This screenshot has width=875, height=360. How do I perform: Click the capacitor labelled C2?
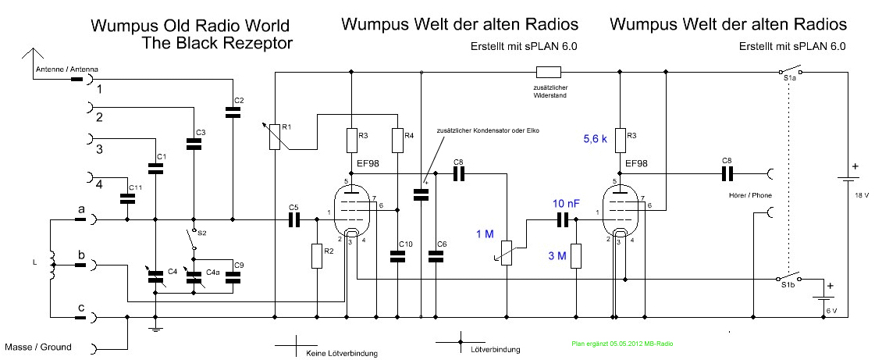232,113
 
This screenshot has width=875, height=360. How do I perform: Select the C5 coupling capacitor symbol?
294,221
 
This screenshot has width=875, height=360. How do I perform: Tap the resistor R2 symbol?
317,255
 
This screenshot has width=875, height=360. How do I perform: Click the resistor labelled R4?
397,140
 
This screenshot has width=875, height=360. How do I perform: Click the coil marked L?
52,263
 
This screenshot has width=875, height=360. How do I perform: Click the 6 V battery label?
831,310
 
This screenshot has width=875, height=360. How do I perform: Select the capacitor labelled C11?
125,198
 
